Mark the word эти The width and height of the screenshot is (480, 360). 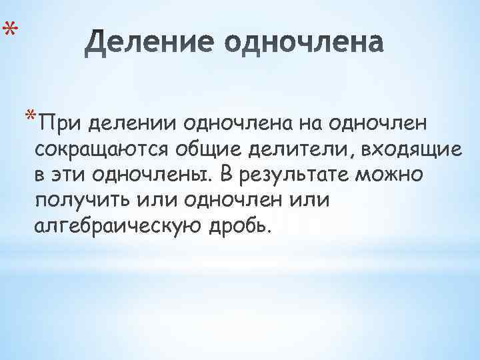coord(69,175)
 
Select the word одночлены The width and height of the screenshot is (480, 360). coord(149,175)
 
